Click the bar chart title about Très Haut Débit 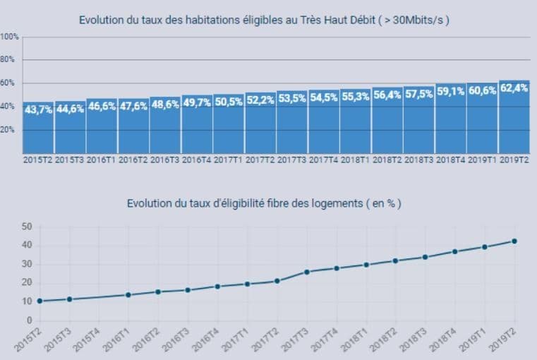[265, 20]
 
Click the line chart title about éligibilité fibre [265, 203]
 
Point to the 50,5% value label [229, 102]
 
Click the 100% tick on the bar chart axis [9, 36]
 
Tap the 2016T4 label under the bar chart [197, 160]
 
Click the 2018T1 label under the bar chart [356, 160]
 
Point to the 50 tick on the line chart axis [28, 227]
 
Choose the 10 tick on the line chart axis [28, 301]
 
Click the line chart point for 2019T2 [514, 241]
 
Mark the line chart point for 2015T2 [40, 301]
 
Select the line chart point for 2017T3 [307, 272]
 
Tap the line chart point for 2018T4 [455, 251]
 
